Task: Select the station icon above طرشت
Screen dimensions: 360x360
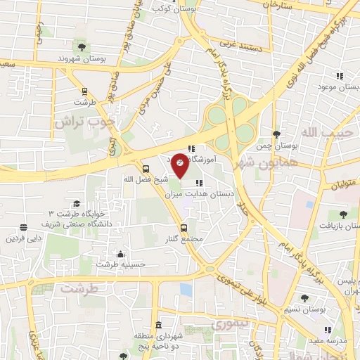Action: (x=85, y=91)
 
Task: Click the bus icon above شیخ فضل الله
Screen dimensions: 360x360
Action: (x=146, y=168)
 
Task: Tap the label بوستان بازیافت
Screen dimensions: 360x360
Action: (x=340, y=226)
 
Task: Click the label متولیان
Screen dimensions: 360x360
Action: (x=345, y=184)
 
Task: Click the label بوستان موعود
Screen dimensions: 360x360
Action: (x=334, y=86)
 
